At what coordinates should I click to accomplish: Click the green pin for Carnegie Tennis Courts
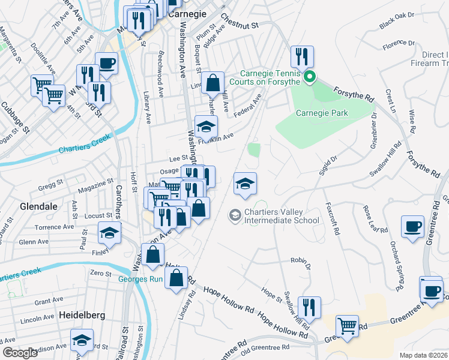310,76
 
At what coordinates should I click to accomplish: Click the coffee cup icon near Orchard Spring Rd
412,227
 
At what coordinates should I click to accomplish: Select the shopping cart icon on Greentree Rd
347,326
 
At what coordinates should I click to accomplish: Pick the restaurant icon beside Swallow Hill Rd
309,307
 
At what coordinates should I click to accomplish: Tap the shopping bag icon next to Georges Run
176,278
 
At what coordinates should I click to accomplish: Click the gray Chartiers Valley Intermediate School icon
235,214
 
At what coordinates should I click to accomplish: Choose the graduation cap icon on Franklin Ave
206,127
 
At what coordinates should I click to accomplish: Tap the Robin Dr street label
301,262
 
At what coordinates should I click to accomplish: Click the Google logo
20,353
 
